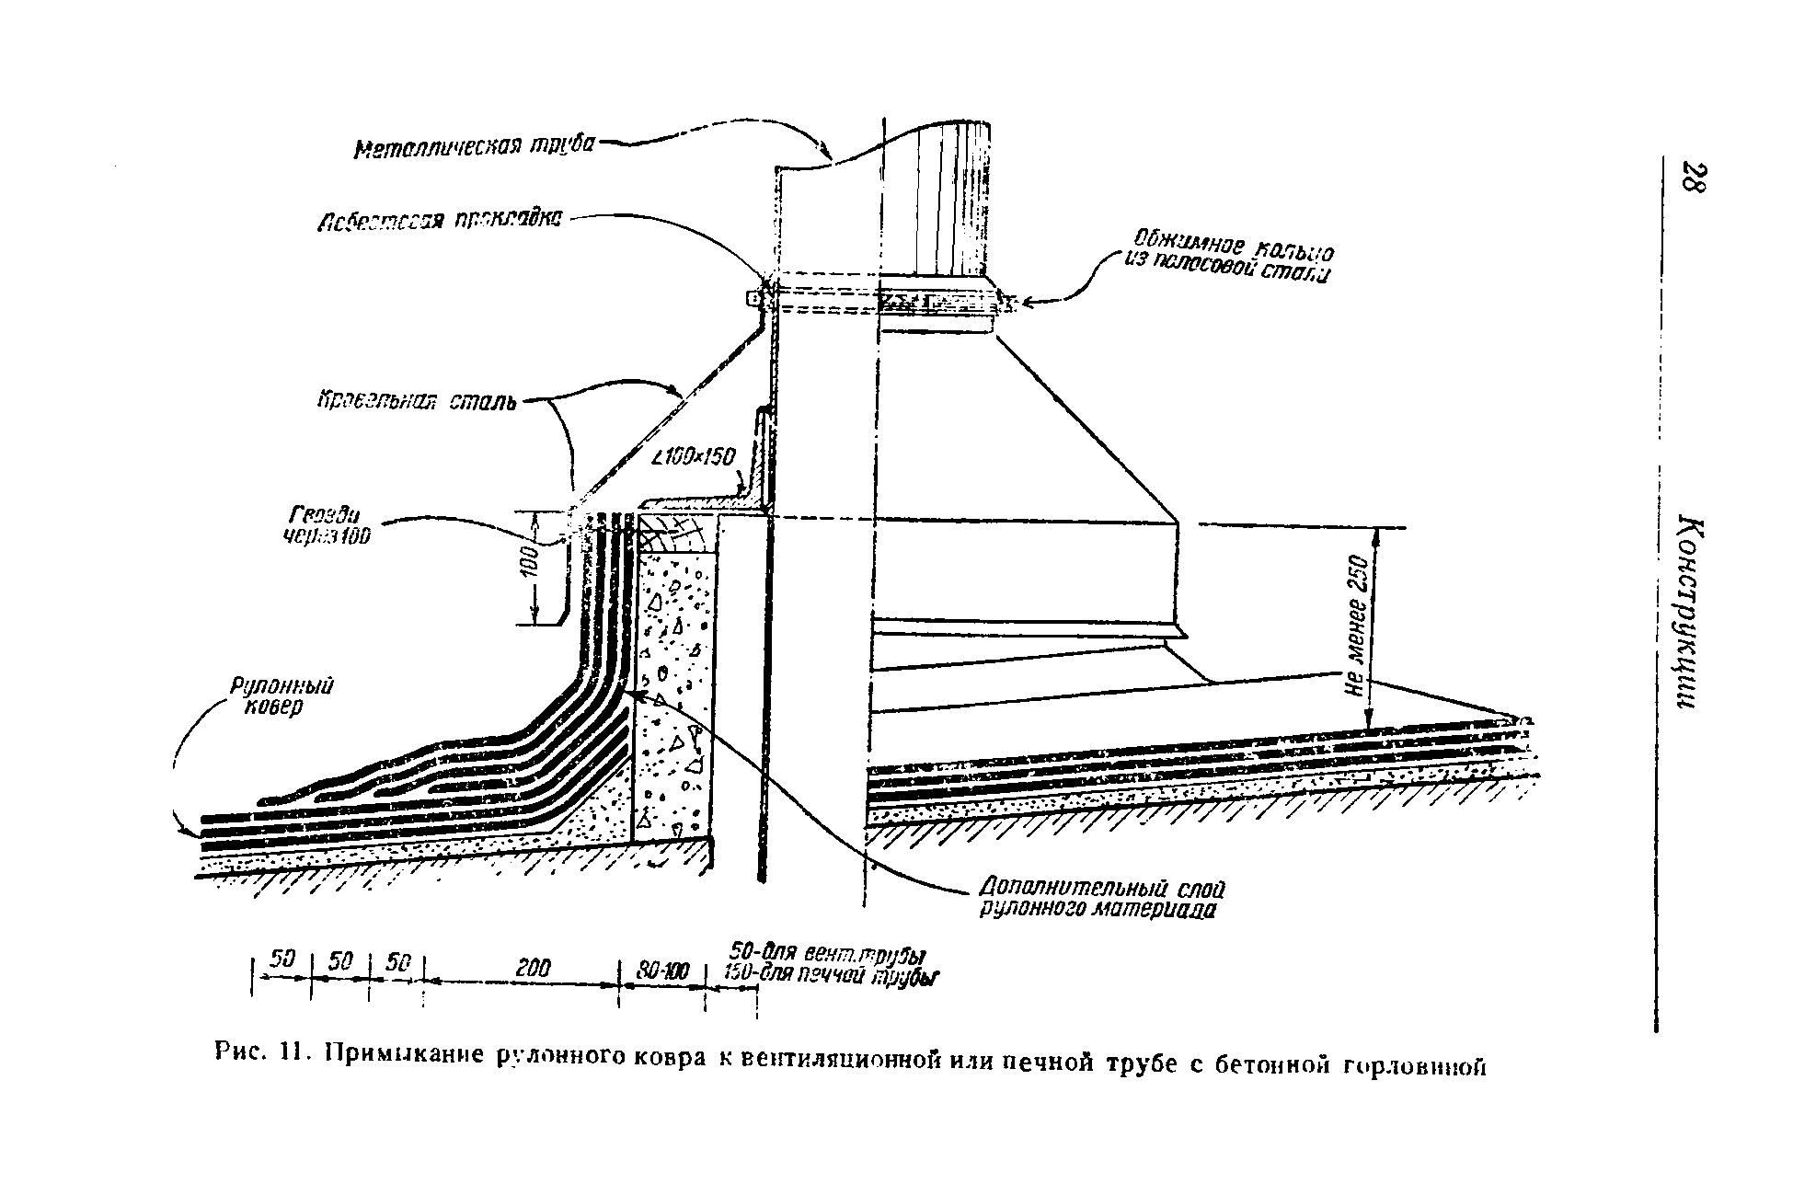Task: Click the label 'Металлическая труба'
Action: pos(475,147)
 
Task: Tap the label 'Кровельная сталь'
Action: pos(417,402)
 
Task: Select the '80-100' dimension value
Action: pos(662,970)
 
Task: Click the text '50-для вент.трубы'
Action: pos(826,952)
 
